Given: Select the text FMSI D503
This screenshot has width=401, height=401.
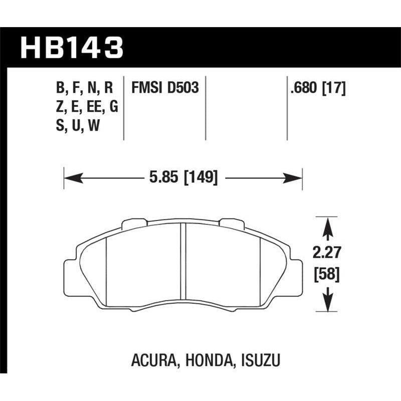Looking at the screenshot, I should pos(165,88).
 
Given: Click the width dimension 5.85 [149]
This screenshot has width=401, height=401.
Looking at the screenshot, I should pos(183,177).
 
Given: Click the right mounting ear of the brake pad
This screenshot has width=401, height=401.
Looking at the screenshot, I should pos(297,273).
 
